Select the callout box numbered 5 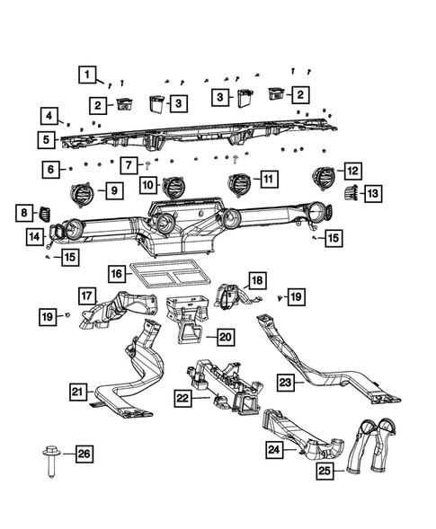(x=45, y=139)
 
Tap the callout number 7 (x=129, y=164)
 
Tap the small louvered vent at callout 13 (x=350, y=191)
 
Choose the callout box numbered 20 (x=225, y=337)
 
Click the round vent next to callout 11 (x=239, y=183)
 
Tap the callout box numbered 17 (x=86, y=295)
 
